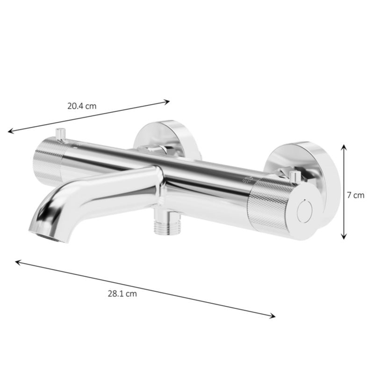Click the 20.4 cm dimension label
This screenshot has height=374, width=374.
[x=82, y=106]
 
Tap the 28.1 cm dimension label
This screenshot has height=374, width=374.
[x=122, y=294]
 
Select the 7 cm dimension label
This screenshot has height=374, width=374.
[x=356, y=195]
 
